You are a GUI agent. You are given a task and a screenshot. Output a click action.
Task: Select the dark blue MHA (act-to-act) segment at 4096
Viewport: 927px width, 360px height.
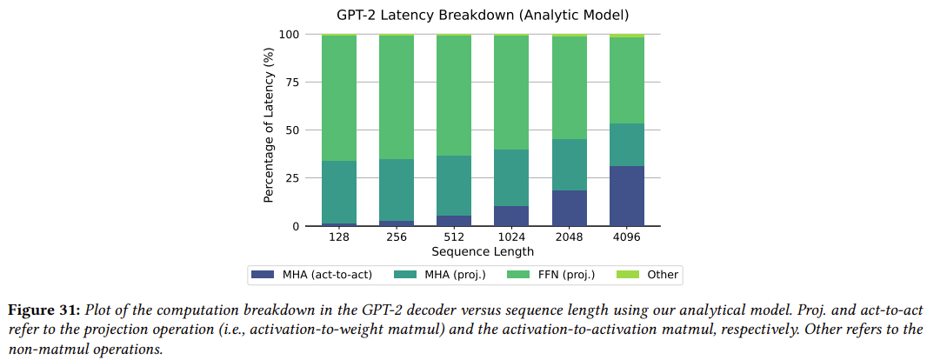pyautogui.click(x=627, y=196)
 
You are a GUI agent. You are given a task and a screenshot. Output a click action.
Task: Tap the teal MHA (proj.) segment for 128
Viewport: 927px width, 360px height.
pyautogui.click(x=339, y=192)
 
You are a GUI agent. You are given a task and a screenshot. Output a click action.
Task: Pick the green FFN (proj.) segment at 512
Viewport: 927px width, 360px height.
pyautogui.click(x=454, y=96)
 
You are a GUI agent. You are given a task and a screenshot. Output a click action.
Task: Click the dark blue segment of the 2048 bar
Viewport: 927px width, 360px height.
pyautogui.click(x=570, y=208)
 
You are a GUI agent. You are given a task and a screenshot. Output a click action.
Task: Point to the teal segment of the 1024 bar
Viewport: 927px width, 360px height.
pyautogui.click(x=511, y=177)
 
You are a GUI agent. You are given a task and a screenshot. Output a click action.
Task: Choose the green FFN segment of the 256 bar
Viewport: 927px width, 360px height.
pyautogui.click(x=397, y=97)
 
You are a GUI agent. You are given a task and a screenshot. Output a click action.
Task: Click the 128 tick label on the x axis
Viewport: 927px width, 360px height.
pyautogui.click(x=339, y=237)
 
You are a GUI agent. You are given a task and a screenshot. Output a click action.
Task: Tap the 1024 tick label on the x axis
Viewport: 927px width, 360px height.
pyautogui.click(x=511, y=237)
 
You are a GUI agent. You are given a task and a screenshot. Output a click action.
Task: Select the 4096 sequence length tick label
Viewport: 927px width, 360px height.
pyautogui.click(x=627, y=237)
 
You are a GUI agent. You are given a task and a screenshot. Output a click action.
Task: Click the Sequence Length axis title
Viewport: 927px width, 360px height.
pyautogui.click(x=483, y=251)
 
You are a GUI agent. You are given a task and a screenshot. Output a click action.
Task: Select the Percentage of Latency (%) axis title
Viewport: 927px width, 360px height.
pyautogui.click(x=270, y=130)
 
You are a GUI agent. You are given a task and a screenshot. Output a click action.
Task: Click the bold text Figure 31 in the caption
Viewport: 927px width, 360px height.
pyautogui.click(x=44, y=310)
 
